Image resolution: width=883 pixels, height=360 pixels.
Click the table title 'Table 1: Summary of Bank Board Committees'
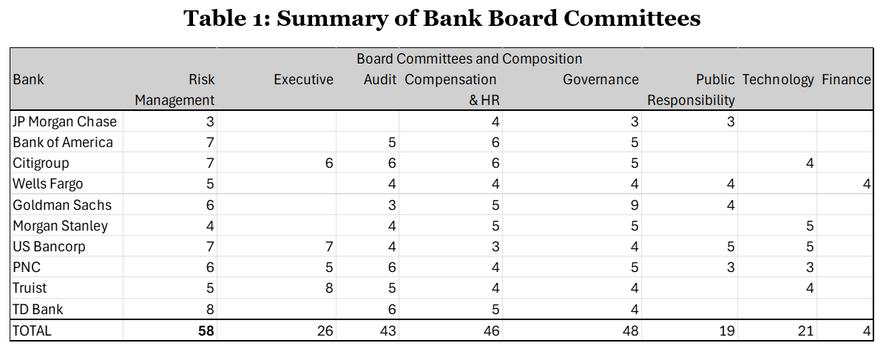(441, 18)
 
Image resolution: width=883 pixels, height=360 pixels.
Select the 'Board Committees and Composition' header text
(469, 58)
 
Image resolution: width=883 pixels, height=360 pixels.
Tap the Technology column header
(778, 79)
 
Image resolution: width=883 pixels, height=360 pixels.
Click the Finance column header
(846, 79)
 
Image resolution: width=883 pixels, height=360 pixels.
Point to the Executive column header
(303, 79)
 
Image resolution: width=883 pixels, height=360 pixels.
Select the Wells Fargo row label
(47, 184)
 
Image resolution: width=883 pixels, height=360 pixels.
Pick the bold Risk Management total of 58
(206, 331)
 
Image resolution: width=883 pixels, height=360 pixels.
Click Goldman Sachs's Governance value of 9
(634, 205)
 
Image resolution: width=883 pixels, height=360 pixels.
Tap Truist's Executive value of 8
(329, 289)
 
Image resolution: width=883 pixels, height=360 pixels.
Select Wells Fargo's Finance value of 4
(867, 184)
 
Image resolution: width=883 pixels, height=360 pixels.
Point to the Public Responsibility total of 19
(726, 331)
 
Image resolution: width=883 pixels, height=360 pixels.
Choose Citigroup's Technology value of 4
(810, 163)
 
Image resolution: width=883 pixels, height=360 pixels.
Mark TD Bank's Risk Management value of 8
(210, 310)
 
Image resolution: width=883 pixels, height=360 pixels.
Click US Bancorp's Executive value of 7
(329, 247)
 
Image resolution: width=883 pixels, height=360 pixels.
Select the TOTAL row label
(32, 331)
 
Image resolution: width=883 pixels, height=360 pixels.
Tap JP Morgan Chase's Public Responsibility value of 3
(730, 121)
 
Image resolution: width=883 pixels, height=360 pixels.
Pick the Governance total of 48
(630, 331)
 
